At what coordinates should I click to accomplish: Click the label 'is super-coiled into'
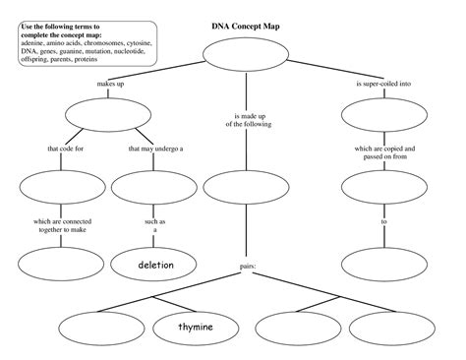pyautogui.click(x=383, y=86)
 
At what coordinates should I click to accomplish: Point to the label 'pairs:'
pyautogui.click(x=247, y=267)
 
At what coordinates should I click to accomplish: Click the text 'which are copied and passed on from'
pyautogui.click(x=383, y=152)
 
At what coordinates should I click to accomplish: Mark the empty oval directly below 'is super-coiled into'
pyautogui.click(x=383, y=116)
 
